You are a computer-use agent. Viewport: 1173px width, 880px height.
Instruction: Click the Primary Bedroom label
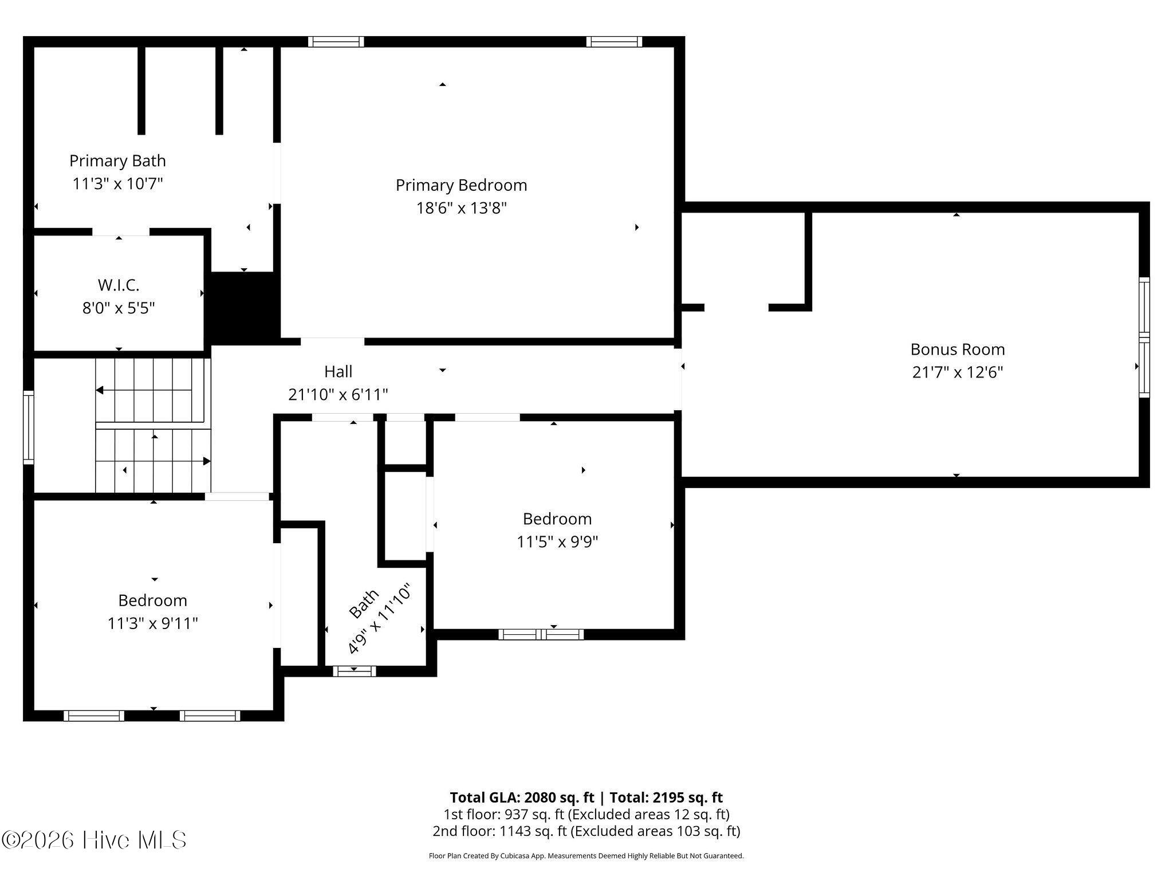click(461, 185)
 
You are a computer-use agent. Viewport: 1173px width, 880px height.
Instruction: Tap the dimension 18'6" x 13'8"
click(461, 207)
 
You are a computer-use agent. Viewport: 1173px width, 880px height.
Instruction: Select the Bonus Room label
click(958, 349)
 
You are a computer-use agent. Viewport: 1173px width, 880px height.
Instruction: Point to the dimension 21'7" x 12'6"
click(958, 372)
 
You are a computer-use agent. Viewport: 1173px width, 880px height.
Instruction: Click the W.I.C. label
click(119, 285)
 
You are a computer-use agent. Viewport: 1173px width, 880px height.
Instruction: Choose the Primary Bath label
click(117, 161)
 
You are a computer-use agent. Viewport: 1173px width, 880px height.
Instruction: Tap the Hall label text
click(338, 371)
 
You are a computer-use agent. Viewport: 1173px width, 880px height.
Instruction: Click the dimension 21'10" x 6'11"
click(338, 394)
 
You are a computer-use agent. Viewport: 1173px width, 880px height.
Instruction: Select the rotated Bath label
click(364, 604)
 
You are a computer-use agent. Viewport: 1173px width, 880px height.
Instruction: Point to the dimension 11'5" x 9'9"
click(557, 541)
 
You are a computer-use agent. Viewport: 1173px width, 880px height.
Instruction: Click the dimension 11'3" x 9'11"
click(153, 623)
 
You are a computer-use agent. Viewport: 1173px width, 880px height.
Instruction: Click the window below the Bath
click(355, 671)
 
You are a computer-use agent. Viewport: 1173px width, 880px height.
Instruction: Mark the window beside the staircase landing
click(28, 427)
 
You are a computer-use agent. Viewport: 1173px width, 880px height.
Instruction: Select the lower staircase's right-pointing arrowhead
click(207, 461)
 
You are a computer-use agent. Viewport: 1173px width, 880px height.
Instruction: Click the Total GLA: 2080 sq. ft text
click(523, 797)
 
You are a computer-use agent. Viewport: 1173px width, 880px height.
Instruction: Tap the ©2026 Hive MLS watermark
click(94, 840)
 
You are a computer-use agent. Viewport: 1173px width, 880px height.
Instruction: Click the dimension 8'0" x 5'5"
click(119, 308)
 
